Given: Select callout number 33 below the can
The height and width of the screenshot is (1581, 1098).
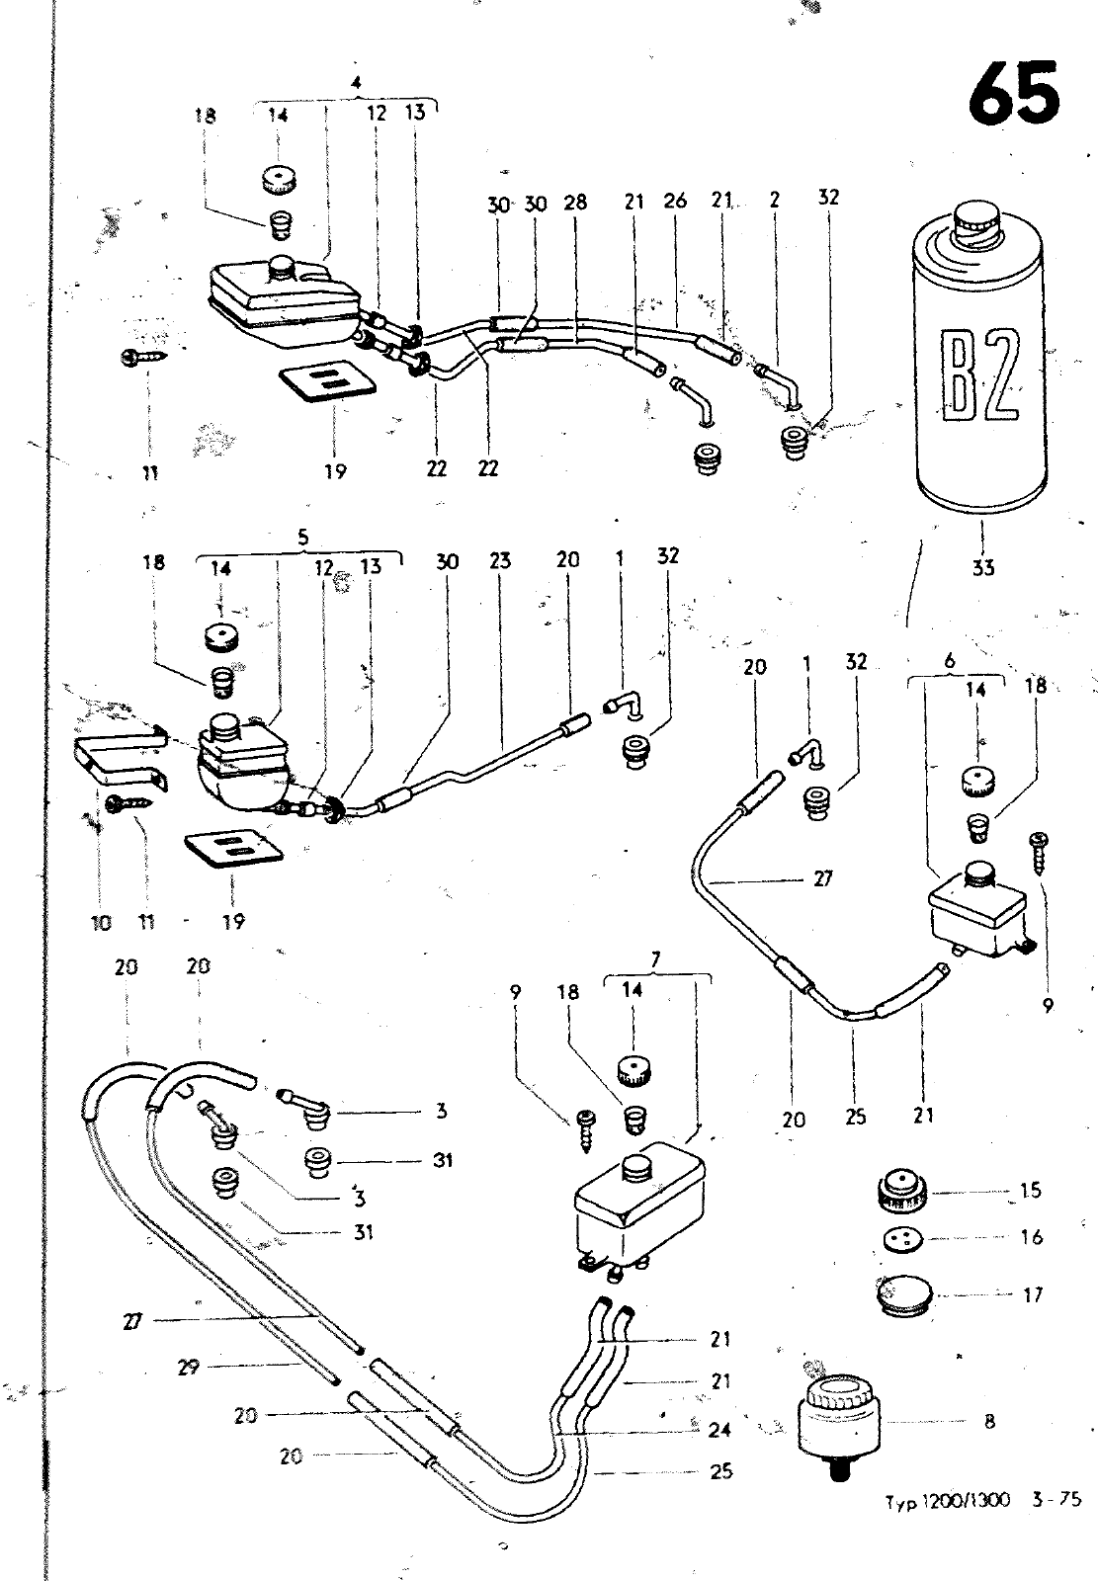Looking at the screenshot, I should coord(983,567).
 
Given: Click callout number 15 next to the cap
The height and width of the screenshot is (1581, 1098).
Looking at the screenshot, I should coord(1031,1190).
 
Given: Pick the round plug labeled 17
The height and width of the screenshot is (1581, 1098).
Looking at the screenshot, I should coord(901,1293).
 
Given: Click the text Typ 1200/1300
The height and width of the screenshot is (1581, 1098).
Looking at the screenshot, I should coord(946,1499).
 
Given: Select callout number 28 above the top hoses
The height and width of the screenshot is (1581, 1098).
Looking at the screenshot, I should coord(575,203).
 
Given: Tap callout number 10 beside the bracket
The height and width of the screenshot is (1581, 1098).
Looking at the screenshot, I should coord(101,922).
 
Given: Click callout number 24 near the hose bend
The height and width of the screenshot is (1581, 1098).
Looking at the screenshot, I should coord(720,1429).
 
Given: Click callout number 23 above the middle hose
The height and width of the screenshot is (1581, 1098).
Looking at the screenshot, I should coord(500,561).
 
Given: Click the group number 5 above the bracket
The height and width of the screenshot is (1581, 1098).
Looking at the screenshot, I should coord(302,537).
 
